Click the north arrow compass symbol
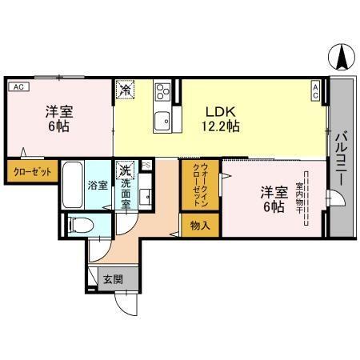coord(342,56)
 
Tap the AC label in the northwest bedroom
coord(18,87)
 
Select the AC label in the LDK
coord(315,91)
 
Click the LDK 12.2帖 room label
coord(220,119)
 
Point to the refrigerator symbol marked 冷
coord(125,90)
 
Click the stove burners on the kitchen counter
coord(162,92)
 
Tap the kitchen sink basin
coord(162,122)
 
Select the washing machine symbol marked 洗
coord(125,170)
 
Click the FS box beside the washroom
coord(146,165)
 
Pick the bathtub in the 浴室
coord(73,185)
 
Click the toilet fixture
coord(81,225)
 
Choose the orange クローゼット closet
coord(32,171)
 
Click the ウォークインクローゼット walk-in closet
coord(200,184)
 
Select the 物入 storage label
coord(200,226)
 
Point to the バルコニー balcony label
coord(342,158)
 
